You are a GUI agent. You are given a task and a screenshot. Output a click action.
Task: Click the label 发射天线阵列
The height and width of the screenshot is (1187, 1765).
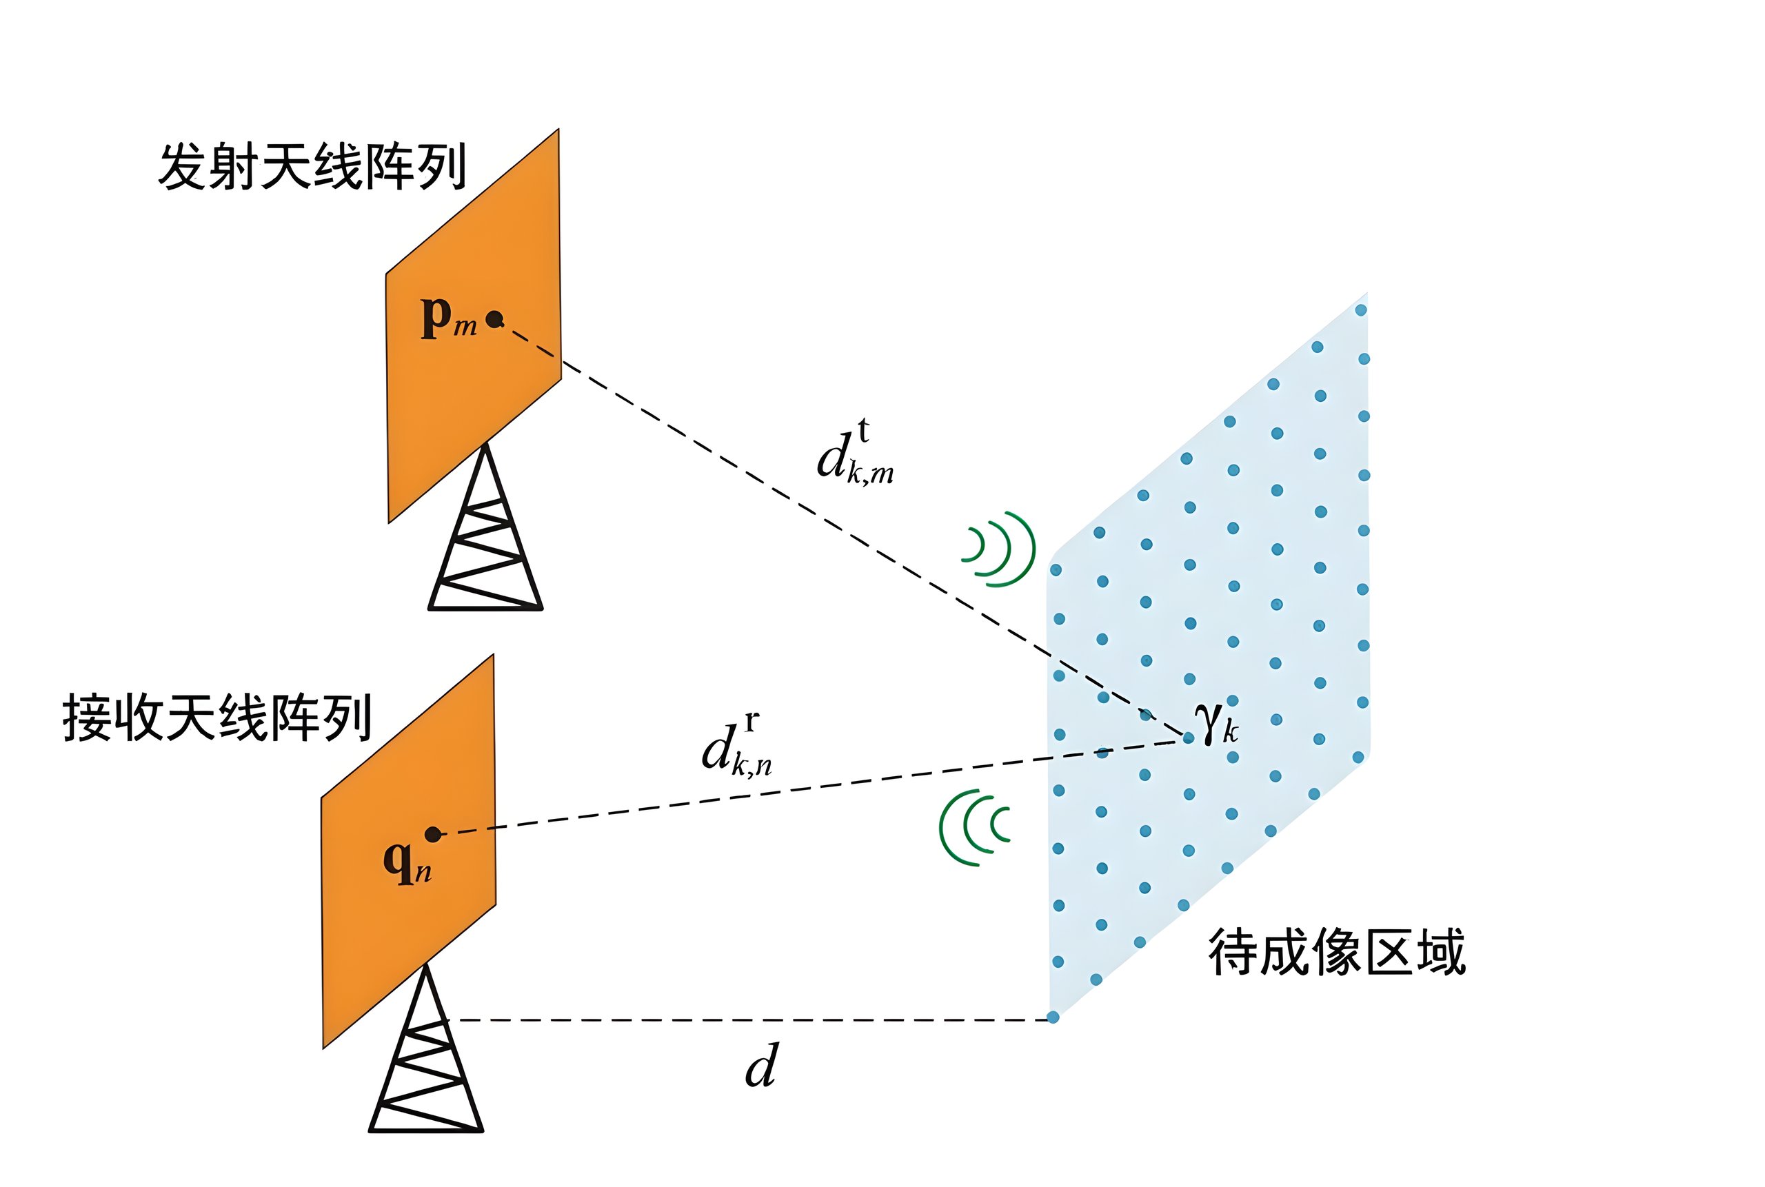311,166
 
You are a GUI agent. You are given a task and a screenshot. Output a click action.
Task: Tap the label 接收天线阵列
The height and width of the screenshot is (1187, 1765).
216,717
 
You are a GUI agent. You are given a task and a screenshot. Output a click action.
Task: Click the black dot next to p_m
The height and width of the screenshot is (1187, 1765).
494,318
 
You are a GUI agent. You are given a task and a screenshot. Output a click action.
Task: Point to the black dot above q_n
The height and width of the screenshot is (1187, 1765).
433,834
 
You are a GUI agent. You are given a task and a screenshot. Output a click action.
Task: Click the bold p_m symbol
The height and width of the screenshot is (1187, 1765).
447,317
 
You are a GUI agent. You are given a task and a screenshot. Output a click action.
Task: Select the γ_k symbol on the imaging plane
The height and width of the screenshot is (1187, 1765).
1216,722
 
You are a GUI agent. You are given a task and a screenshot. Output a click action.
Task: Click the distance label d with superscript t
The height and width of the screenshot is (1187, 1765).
854,454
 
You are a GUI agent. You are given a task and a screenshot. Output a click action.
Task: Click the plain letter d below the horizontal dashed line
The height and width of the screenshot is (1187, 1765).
761,1066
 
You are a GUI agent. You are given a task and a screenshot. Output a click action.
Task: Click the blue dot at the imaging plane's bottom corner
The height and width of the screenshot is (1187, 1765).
1053,1017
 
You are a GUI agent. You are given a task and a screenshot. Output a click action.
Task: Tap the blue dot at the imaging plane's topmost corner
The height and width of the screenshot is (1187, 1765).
1361,310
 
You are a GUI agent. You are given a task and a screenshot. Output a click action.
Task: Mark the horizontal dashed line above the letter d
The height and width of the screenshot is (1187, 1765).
749,1019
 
